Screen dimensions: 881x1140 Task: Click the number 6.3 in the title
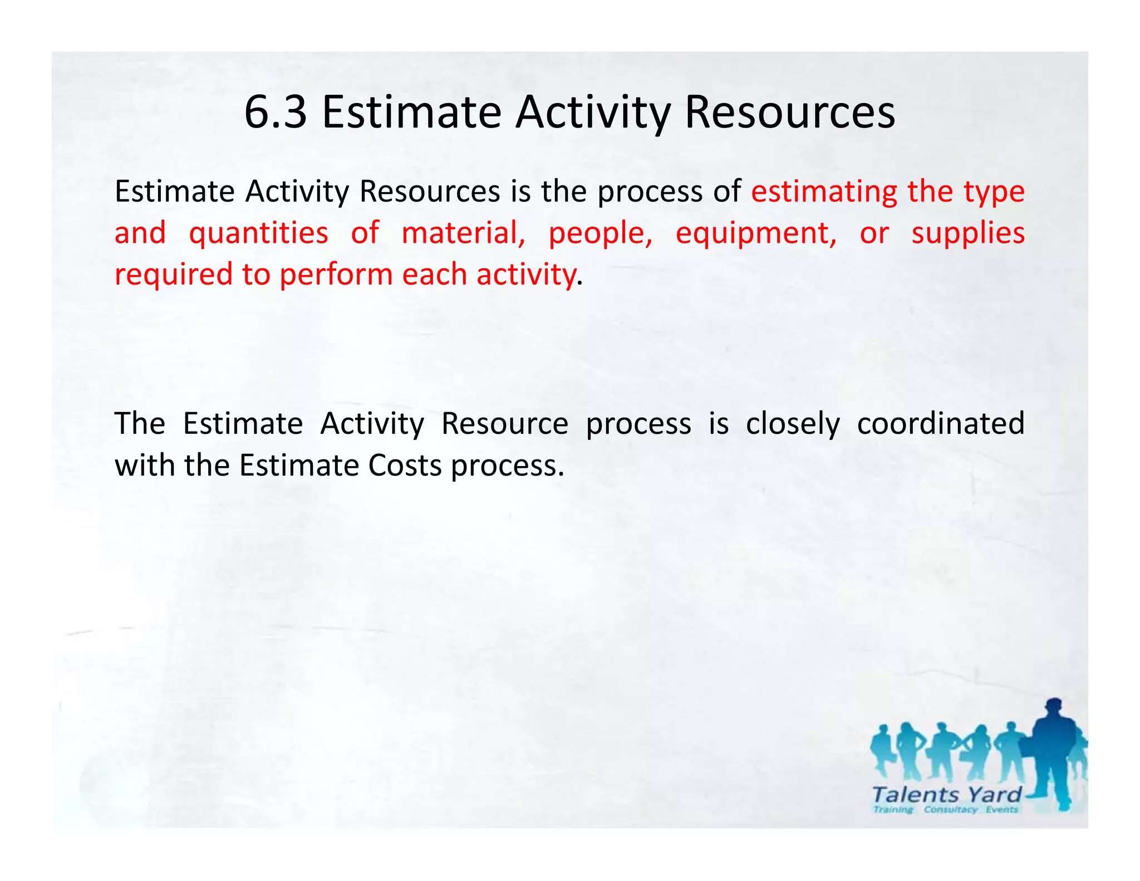tap(276, 112)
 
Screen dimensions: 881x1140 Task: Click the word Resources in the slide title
tap(789, 112)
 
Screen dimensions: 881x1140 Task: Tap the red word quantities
tap(258, 233)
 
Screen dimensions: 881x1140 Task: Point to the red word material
tap(463, 233)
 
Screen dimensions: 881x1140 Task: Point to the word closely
tap(792, 424)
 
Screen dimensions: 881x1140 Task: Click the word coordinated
tap(940, 423)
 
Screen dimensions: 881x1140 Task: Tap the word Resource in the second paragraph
tap(504, 423)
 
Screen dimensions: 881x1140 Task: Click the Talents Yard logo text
tap(946, 794)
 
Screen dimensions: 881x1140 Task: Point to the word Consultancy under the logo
tap(950, 810)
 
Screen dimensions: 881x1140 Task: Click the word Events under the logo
tap(1001, 810)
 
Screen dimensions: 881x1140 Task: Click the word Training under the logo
tap(893, 810)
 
